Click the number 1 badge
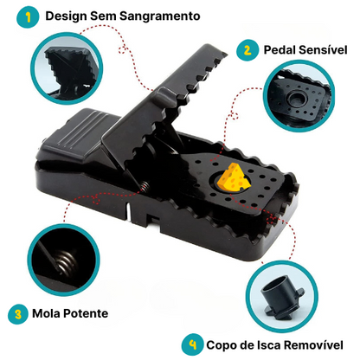click(x=28, y=17)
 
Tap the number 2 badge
click(x=247, y=50)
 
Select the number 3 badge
click(x=18, y=314)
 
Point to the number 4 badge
click(x=192, y=344)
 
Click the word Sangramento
click(x=160, y=16)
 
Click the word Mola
click(x=46, y=313)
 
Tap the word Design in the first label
click(x=67, y=16)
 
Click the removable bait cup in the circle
click(x=281, y=297)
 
